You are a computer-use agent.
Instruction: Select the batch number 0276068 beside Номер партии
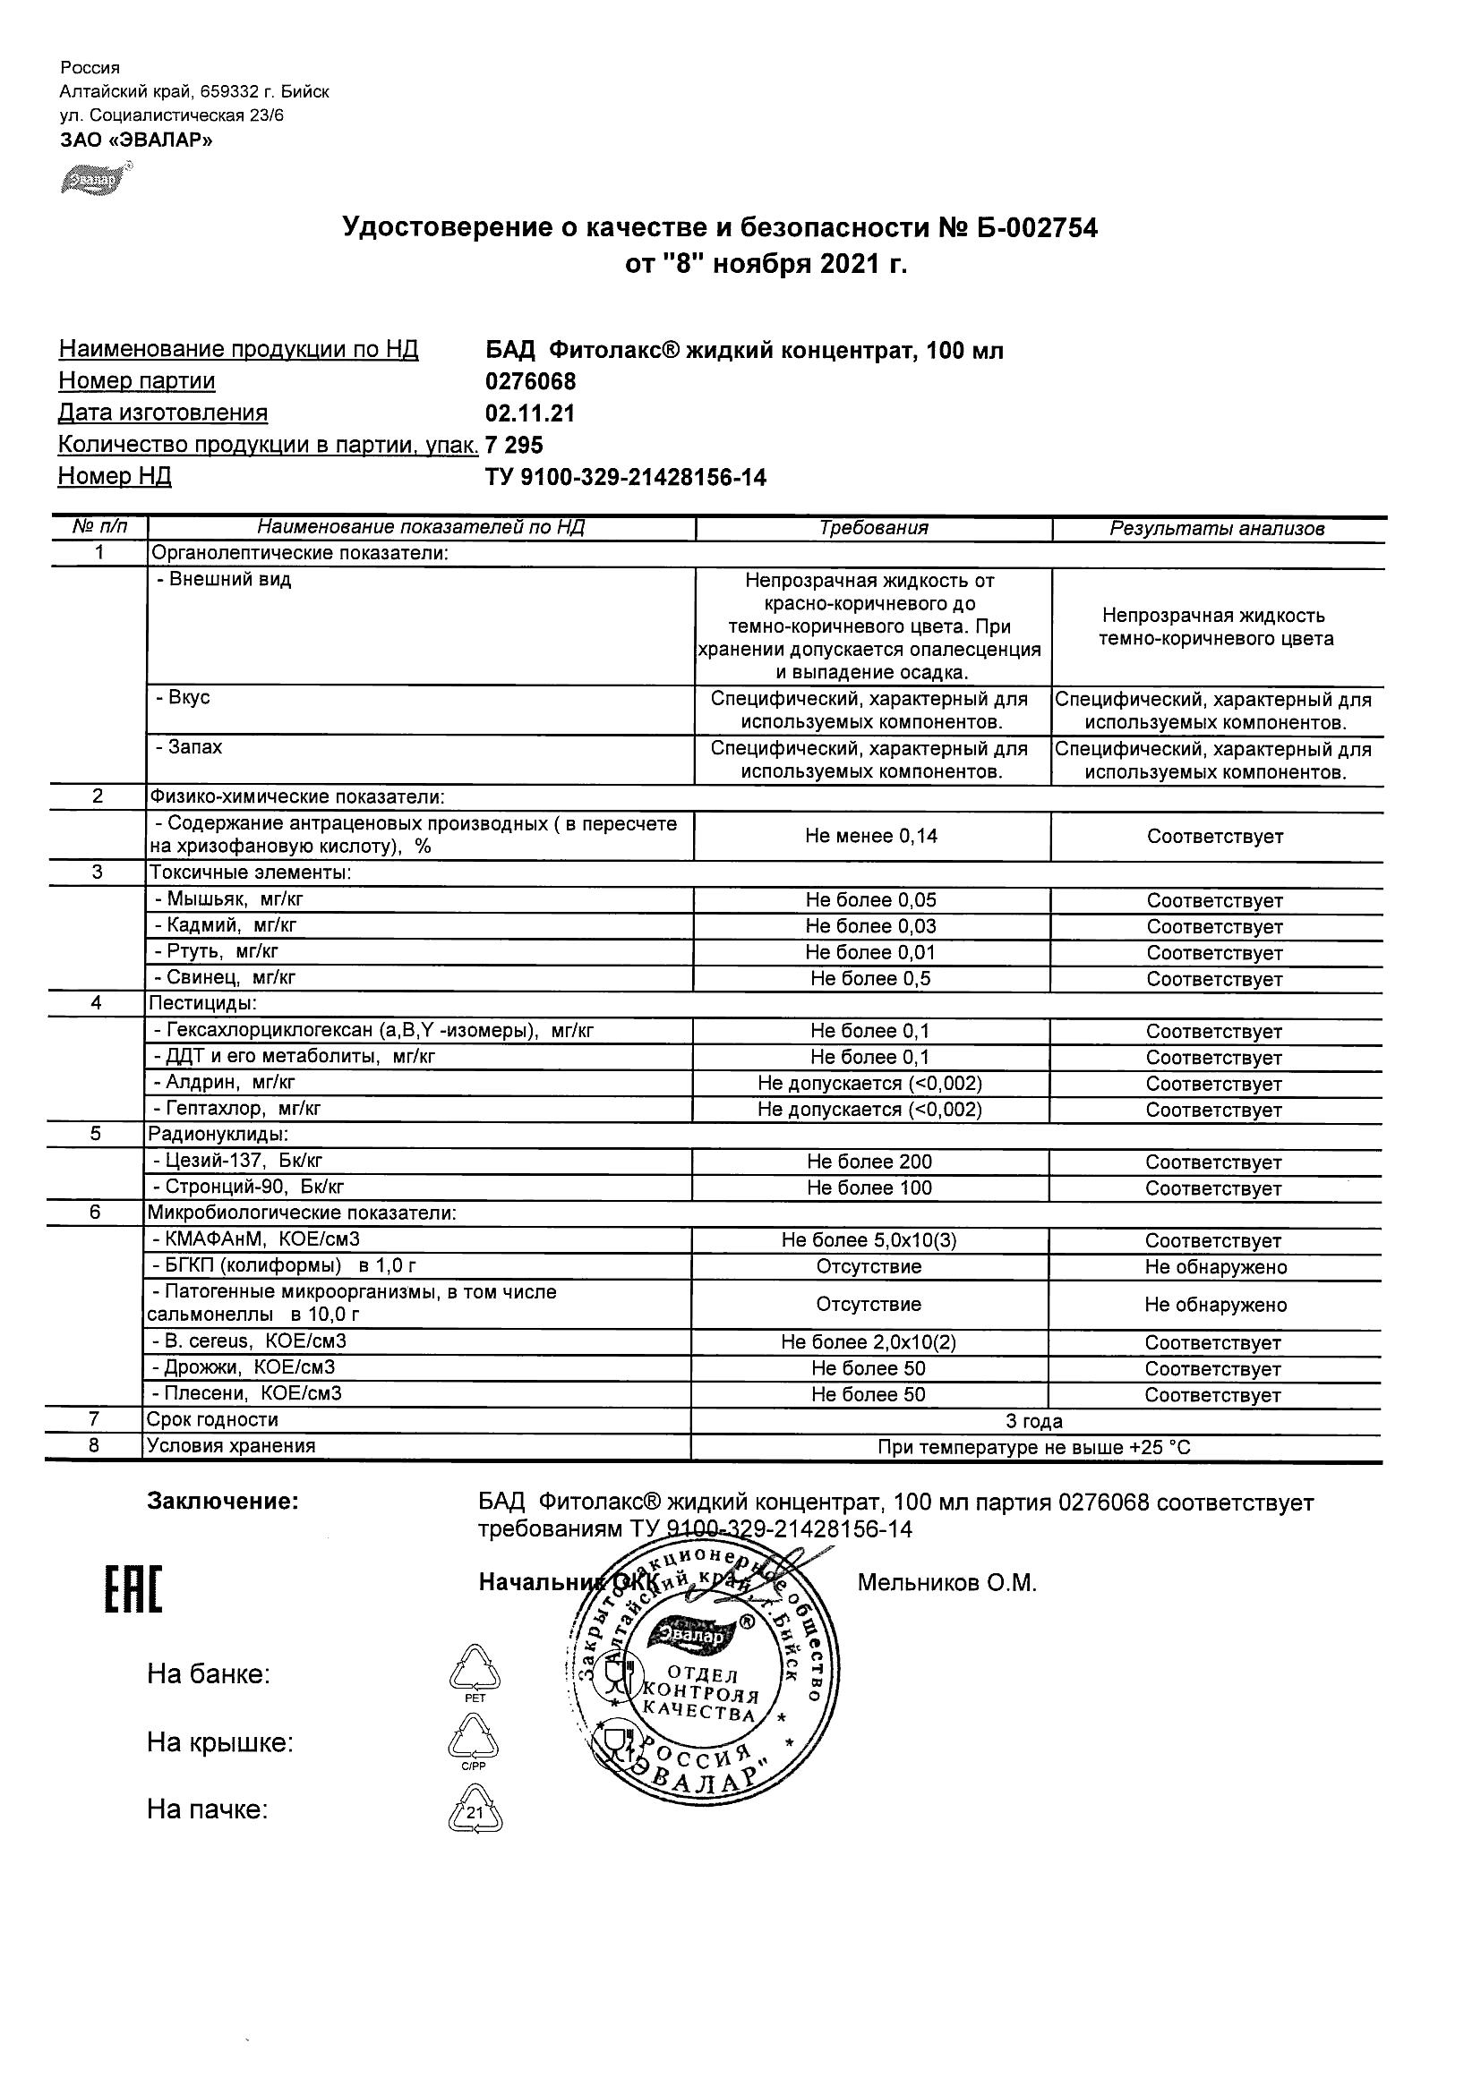click(x=530, y=381)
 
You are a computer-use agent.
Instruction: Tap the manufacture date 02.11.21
click(x=530, y=413)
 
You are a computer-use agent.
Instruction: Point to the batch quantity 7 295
click(x=515, y=445)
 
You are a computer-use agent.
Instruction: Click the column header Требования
click(x=873, y=528)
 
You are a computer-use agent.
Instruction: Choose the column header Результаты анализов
click(x=1216, y=529)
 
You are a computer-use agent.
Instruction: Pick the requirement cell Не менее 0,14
click(x=871, y=837)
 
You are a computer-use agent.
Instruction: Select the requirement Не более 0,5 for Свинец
click(x=870, y=979)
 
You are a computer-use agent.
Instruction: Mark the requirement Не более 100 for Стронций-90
click(x=869, y=1187)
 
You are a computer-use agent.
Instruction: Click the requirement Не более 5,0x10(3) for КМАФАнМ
click(x=869, y=1240)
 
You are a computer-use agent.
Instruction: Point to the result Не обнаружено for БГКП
click(x=1215, y=1267)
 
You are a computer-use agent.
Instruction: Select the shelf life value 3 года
click(x=1034, y=1421)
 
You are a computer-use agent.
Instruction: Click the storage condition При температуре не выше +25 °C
click(x=1034, y=1447)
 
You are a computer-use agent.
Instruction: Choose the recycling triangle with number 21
click(x=475, y=1811)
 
